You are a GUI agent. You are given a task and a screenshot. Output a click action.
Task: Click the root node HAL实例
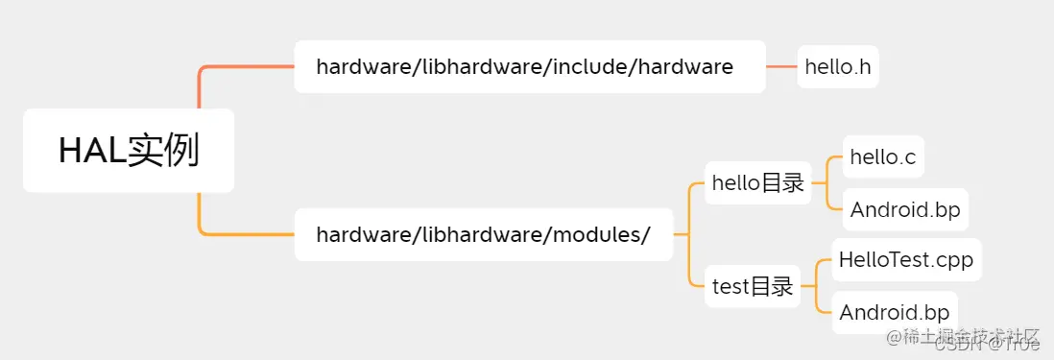click(129, 151)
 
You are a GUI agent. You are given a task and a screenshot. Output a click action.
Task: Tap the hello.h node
click(838, 66)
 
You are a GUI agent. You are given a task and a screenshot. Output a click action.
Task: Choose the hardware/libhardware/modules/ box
click(483, 233)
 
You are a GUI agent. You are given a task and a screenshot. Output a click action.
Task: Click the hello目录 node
click(757, 182)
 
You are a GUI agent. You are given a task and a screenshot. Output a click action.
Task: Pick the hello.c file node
click(882, 156)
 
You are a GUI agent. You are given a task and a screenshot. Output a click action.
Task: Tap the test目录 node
click(753, 285)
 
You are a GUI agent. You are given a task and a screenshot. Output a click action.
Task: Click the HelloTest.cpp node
click(906, 259)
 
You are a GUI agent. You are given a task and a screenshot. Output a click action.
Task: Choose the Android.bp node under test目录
click(894, 312)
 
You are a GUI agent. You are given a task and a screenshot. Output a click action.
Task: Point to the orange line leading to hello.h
click(781, 66)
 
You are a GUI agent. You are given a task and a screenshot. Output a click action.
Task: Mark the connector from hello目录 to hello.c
click(826, 168)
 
